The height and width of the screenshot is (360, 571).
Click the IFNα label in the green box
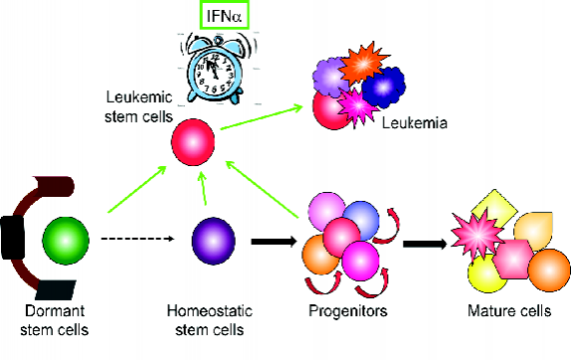tap(220, 16)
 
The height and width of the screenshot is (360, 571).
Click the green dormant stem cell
tap(66, 241)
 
